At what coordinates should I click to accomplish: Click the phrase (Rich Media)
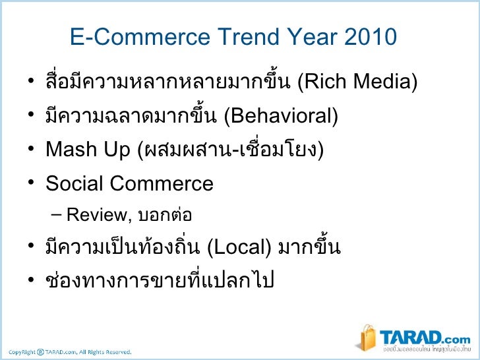(x=357, y=84)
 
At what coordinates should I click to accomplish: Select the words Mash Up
(x=88, y=150)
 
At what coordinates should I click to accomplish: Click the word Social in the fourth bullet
(x=75, y=183)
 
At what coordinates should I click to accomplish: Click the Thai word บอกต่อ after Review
(x=165, y=214)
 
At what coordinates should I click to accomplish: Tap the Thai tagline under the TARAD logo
(x=425, y=347)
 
